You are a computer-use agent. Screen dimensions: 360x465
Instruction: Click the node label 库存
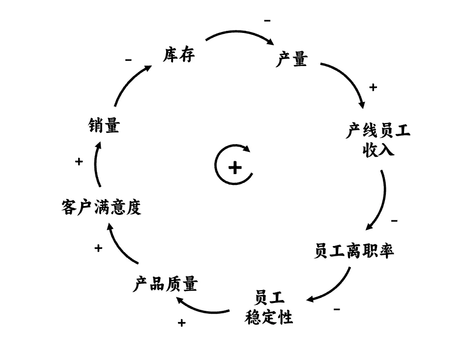179,55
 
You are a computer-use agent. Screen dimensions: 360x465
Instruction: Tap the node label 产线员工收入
378,140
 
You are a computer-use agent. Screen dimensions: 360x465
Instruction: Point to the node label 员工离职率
354,251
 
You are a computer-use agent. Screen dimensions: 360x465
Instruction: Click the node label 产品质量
165,284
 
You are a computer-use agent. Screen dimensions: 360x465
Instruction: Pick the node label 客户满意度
102,207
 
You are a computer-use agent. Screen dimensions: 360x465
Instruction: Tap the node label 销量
104,126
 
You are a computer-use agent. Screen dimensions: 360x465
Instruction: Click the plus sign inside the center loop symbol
235,168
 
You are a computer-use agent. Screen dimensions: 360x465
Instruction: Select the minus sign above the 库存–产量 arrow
267,21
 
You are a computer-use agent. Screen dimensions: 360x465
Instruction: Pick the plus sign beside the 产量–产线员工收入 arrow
373,88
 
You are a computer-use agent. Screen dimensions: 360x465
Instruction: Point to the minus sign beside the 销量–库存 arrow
128,60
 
